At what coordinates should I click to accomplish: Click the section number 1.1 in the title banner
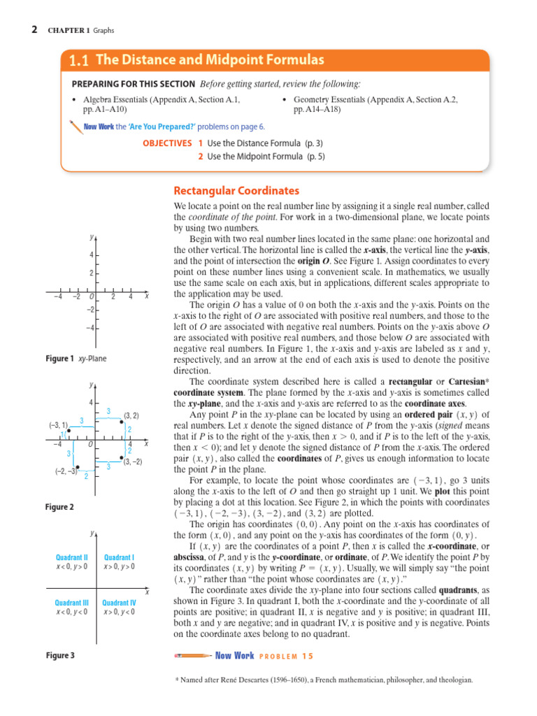(78, 60)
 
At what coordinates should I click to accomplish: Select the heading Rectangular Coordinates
(236, 191)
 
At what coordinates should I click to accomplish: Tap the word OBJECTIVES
(166, 143)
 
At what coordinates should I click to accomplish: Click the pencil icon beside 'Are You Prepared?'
(75, 126)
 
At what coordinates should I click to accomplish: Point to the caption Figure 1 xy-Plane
(76, 359)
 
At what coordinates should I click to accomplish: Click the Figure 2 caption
(59, 506)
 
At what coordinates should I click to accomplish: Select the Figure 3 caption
(59, 655)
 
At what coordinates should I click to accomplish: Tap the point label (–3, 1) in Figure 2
(58, 425)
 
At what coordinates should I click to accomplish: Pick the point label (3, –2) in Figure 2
(132, 461)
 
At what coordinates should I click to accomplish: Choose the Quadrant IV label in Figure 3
(119, 602)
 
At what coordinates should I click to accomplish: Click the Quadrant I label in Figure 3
(119, 557)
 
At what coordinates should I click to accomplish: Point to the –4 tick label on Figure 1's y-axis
(90, 328)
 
